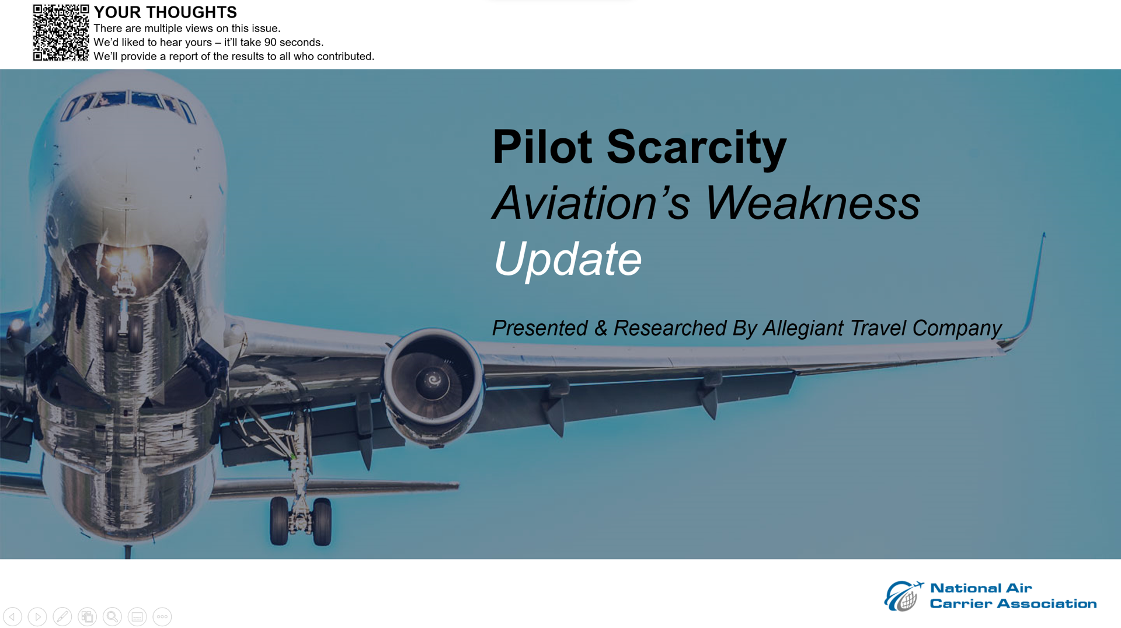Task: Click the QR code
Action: click(61, 33)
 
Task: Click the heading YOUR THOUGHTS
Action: click(165, 12)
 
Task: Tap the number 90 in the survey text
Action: click(270, 43)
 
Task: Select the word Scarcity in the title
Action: click(697, 147)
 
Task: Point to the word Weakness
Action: click(813, 203)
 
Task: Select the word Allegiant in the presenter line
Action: click(803, 329)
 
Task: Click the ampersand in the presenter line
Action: click(601, 329)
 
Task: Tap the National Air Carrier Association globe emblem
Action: click(903, 596)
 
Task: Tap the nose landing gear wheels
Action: click(124, 333)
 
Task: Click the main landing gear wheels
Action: click(301, 521)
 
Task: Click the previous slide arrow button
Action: click(12, 617)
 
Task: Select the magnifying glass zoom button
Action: click(112, 617)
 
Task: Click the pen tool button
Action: click(62, 617)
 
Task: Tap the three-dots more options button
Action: click(162, 617)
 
